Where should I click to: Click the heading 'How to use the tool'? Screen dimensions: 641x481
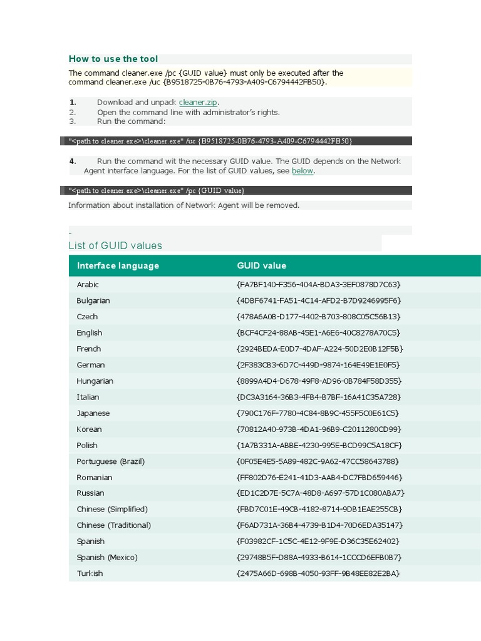tap(113, 59)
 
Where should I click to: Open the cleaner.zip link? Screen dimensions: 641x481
tap(199, 102)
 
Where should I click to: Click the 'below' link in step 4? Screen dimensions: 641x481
tap(303, 171)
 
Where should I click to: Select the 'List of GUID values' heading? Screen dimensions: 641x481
tap(115, 245)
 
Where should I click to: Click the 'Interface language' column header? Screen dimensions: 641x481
tap(118, 265)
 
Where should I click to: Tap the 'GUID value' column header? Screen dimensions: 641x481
tap(261, 265)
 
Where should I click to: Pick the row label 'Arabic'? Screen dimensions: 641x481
tap(88, 284)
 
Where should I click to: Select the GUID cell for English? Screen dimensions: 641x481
tap(318, 332)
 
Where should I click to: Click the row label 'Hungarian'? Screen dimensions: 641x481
tap(95, 381)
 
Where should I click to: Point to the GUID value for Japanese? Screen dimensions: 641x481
tap(318, 413)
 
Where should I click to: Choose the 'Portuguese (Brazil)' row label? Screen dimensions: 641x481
tap(110, 461)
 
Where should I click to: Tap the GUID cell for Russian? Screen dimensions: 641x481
tap(321, 493)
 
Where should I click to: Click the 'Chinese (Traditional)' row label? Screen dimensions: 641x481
tap(113, 525)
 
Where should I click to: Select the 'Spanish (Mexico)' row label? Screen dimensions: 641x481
tap(107, 557)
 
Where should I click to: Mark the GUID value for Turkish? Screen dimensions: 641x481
tap(318, 573)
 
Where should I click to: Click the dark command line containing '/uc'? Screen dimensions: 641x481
tap(210, 141)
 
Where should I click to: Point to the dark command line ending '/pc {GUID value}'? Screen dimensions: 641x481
tap(157, 190)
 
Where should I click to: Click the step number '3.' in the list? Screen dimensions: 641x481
tap(73, 121)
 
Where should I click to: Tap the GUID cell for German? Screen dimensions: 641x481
tap(318, 365)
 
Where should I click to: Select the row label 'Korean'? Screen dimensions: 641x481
tap(89, 429)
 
